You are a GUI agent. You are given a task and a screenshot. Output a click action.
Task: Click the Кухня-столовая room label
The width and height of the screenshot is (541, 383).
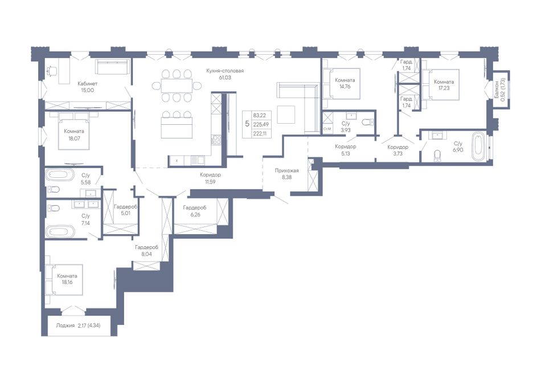point(225,71)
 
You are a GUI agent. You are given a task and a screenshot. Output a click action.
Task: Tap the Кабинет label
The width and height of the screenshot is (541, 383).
point(88,84)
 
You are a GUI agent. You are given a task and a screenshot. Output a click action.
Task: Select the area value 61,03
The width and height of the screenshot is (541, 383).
point(225,78)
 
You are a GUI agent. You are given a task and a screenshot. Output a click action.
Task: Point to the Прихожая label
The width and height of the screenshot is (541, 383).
point(286,170)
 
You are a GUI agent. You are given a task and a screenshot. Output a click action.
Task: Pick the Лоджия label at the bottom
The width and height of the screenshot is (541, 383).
point(65,325)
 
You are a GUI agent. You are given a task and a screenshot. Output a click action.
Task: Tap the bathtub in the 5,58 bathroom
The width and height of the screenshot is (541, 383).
point(60,175)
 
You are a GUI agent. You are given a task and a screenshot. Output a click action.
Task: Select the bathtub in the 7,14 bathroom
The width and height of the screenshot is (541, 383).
point(60,231)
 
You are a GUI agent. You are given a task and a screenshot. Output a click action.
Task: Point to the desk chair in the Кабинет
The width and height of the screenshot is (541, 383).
point(51,71)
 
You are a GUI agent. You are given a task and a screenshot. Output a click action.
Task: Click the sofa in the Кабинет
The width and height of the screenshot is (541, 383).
point(113,67)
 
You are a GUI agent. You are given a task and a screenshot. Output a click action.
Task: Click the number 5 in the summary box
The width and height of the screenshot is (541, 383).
point(247,124)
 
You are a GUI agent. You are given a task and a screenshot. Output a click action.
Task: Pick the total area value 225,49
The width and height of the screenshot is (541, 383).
point(261,124)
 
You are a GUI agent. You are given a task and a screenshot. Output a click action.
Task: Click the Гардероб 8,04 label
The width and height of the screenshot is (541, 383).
point(146,251)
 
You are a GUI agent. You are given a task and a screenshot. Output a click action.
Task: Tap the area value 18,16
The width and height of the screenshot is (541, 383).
point(67,282)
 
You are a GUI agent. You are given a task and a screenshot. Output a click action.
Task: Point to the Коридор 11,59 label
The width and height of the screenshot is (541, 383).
point(210,178)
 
